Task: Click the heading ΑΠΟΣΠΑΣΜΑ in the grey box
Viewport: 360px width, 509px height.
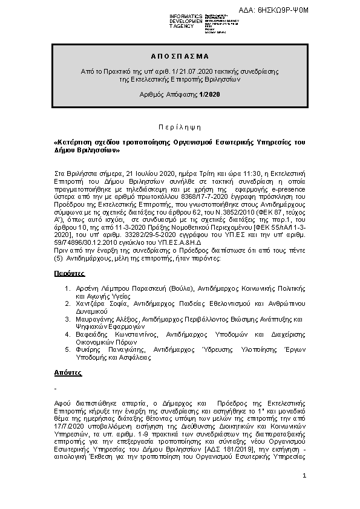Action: pyautogui.click(x=180, y=56)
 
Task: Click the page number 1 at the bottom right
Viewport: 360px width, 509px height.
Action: pyautogui.click(x=304, y=478)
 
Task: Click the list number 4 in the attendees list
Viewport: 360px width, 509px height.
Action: pyautogui.click(x=68, y=333)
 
